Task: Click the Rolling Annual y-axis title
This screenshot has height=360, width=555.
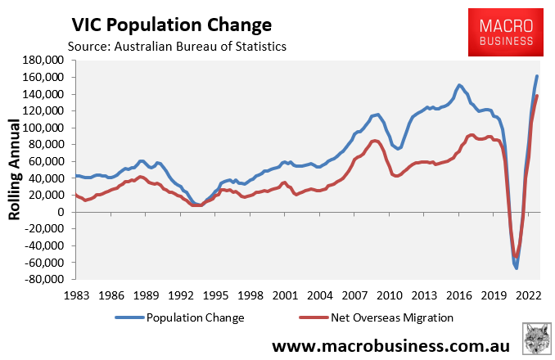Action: pyautogui.click(x=14, y=169)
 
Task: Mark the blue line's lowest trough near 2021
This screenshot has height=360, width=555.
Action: pyautogui.click(x=517, y=268)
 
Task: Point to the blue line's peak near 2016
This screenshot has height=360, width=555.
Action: pyautogui.click(x=459, y=85)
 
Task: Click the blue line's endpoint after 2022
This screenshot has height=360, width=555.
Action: pyautogui.click(x=537, y=76)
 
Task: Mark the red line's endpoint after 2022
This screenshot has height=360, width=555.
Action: pyautogui.click(x=537, y=96)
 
